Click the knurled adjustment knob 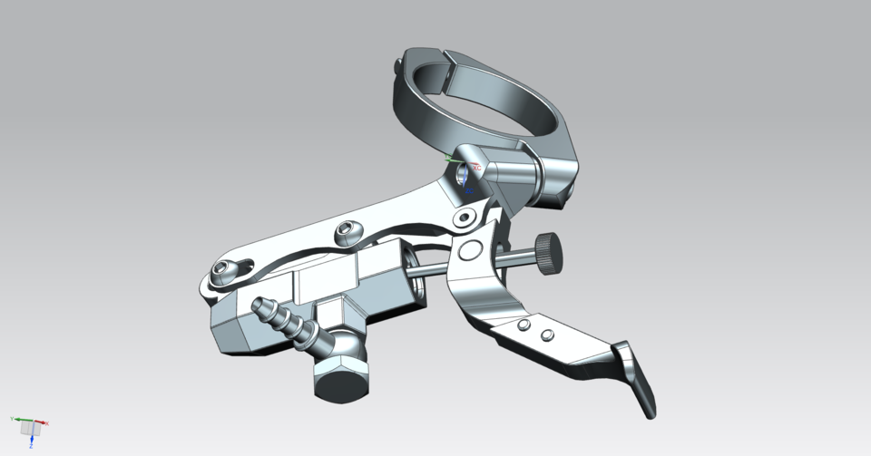coord(547,251)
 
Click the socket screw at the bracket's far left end coord(222,268)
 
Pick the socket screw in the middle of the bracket coord(347,233)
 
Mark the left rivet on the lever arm coord(524,325)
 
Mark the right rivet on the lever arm coord(546,335)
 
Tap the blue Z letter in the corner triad coord(30,446)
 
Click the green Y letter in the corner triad coord(12,419)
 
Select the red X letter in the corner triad coord(46,423)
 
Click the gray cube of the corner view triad coord(29,427)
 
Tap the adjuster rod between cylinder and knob coord(430,271)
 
